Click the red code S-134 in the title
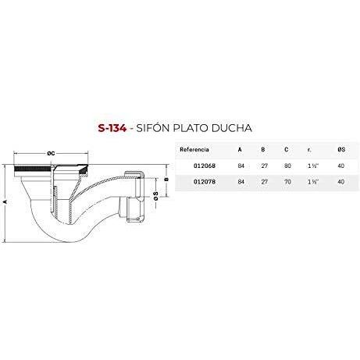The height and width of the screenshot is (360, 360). point(112,128)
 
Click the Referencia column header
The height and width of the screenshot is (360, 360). point(194,150)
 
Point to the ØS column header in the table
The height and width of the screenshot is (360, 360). point(341,150)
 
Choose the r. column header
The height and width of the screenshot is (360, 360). point(309,150)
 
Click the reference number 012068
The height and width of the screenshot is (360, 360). point(205,166)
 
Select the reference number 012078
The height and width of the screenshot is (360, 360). point(205,182)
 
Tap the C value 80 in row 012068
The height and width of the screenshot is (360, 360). point(287,166)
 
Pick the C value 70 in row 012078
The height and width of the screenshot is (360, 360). point(287,182)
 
